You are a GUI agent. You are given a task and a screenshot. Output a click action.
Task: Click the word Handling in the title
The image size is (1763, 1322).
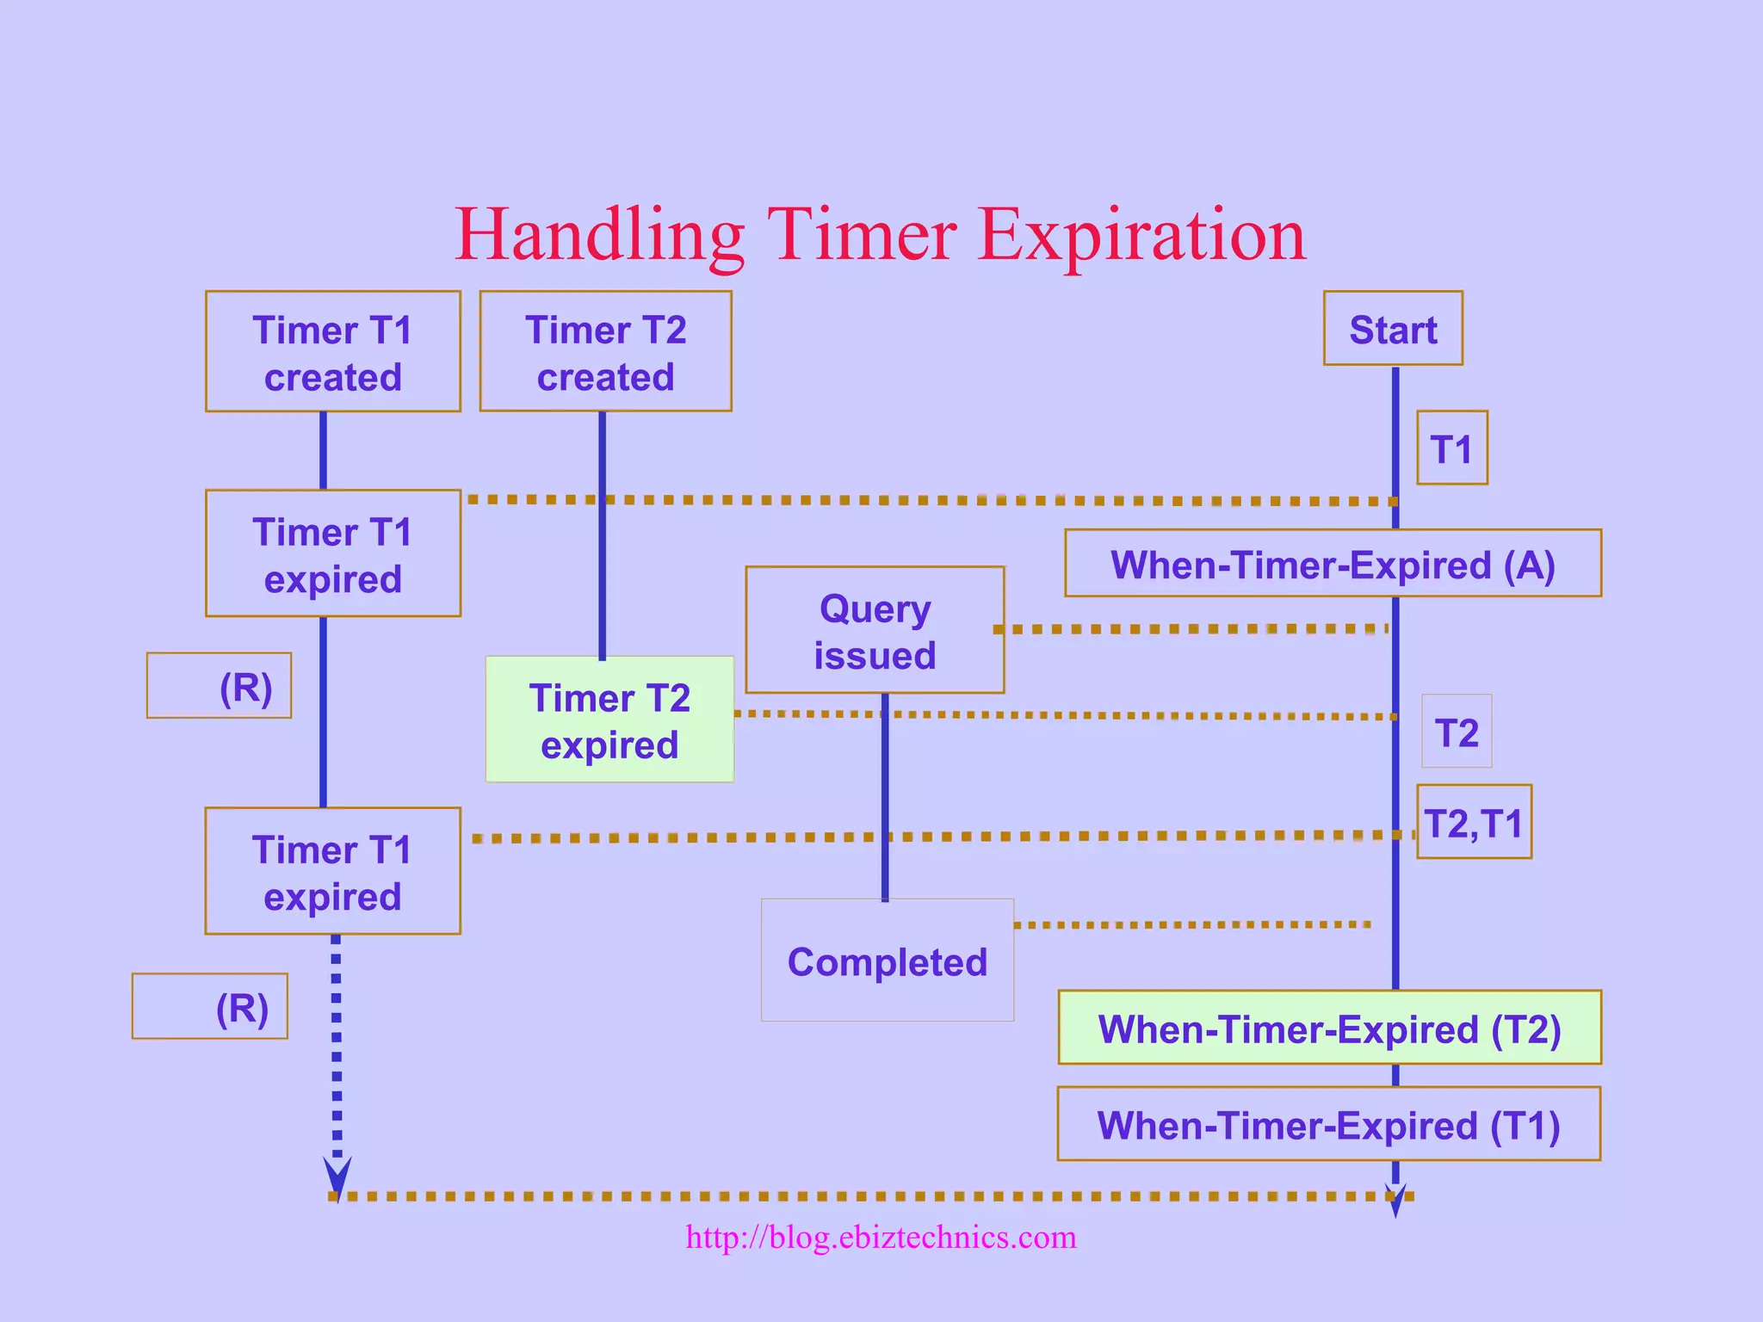[x=599, y=235]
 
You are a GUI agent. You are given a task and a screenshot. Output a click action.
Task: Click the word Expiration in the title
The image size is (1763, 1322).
[x=1141, y=235]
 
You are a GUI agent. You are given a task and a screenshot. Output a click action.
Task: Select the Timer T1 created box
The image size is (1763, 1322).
[x=333, y=351]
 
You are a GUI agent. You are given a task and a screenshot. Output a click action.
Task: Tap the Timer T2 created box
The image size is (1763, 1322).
[x=605, y=351]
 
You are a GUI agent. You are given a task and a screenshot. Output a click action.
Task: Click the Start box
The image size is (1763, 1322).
[x=1393, y=329]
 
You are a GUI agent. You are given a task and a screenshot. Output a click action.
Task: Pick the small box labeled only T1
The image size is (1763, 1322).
[x=1452, y=448]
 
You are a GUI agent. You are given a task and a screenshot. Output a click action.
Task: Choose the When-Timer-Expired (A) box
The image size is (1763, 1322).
[x=1333, y=564]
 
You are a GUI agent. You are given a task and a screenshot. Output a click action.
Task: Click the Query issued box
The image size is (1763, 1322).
[x=875, y=630]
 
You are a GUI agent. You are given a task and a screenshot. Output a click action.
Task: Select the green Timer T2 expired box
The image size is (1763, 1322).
[x=609, y=720]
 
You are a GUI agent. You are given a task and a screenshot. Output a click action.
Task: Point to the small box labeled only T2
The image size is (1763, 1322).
[x=1457, y=732]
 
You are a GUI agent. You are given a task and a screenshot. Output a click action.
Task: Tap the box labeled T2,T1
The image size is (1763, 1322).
[x=1474, y=822]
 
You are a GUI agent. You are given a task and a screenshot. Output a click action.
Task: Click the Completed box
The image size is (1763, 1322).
[x=887, y=961]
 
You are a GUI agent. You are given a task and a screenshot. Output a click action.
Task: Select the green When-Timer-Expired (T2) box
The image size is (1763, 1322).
[x=1329, y=1028]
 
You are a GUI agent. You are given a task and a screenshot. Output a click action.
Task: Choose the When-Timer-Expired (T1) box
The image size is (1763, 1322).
[x=1328, y=1124]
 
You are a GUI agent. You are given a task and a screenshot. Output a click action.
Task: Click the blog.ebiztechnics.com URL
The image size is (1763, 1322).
[x=881, y=1237]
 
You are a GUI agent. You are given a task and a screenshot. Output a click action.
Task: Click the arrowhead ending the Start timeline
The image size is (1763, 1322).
[x=1395, y=1201]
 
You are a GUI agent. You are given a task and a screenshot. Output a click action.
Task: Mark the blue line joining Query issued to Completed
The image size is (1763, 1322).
[x=885, y=796]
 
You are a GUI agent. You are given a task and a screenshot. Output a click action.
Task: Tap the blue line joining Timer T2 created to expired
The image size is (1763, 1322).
[x=603, y=534]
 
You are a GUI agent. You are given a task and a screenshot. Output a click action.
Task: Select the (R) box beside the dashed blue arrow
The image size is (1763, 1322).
[x=210, y=1006]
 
